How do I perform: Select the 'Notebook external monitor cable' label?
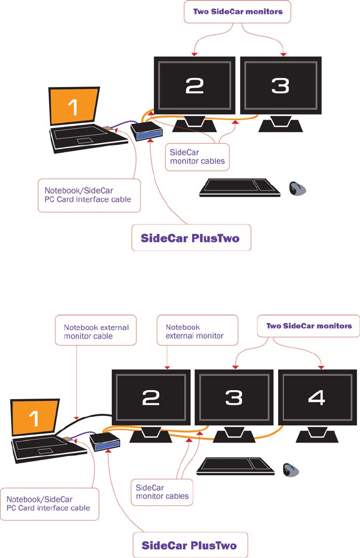[x=96, y=332]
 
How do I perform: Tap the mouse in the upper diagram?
[x=297, y=188]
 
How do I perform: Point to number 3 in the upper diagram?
[x=280, y=86]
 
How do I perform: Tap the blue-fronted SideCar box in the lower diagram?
[x=105, y=443]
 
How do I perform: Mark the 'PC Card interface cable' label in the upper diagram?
[x=89, y=195]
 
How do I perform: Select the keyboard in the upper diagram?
[x=239, y=187]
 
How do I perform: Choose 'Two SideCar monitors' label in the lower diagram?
[x=309, y=326]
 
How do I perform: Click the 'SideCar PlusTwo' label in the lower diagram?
[x=190, y=545]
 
